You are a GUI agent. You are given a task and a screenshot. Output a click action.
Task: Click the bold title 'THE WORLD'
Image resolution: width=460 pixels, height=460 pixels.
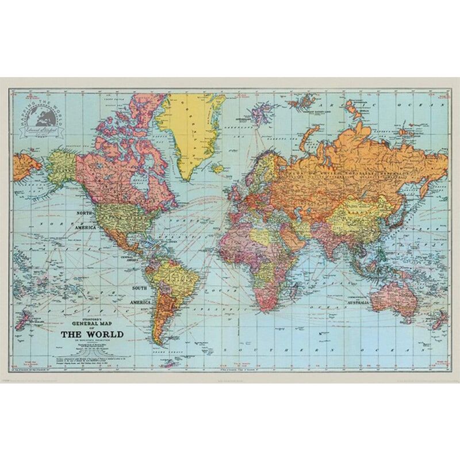click(x=92, y=333)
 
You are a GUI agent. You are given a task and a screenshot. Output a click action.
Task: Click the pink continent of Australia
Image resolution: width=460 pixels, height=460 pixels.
click(x=391, y=293)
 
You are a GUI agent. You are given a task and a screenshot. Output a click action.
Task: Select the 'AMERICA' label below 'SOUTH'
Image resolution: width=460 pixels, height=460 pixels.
click(x=140, y=302)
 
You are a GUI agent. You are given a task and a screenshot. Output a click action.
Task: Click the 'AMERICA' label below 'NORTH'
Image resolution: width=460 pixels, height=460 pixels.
click(x=85, y=227)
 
